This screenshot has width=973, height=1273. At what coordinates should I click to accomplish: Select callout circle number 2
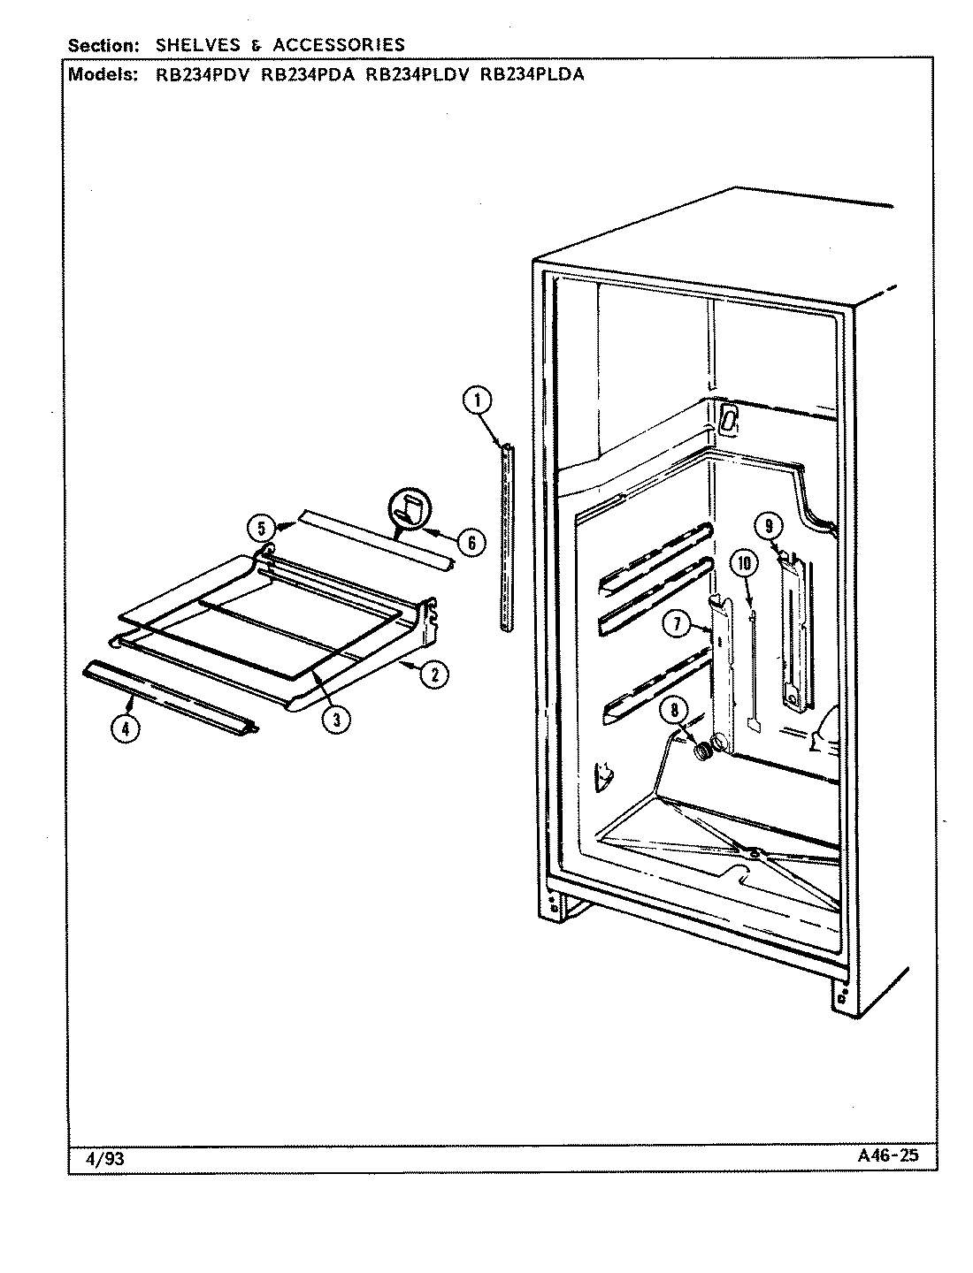point(433,675)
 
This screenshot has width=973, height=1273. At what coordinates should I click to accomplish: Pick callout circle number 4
point(126,729)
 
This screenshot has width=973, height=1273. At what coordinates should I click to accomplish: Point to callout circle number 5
point(261,529)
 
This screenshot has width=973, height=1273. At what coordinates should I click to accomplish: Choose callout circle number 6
point(471,542)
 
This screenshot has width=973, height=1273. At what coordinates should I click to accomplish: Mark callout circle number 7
point(676,624)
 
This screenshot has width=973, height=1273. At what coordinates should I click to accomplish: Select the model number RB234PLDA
point(532,74)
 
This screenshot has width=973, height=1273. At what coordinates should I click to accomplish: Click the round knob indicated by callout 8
point(703,752)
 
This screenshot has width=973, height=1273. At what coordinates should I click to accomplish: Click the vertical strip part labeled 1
point(505,538)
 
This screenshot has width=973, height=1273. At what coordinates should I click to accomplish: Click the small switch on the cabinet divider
point(727,421)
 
